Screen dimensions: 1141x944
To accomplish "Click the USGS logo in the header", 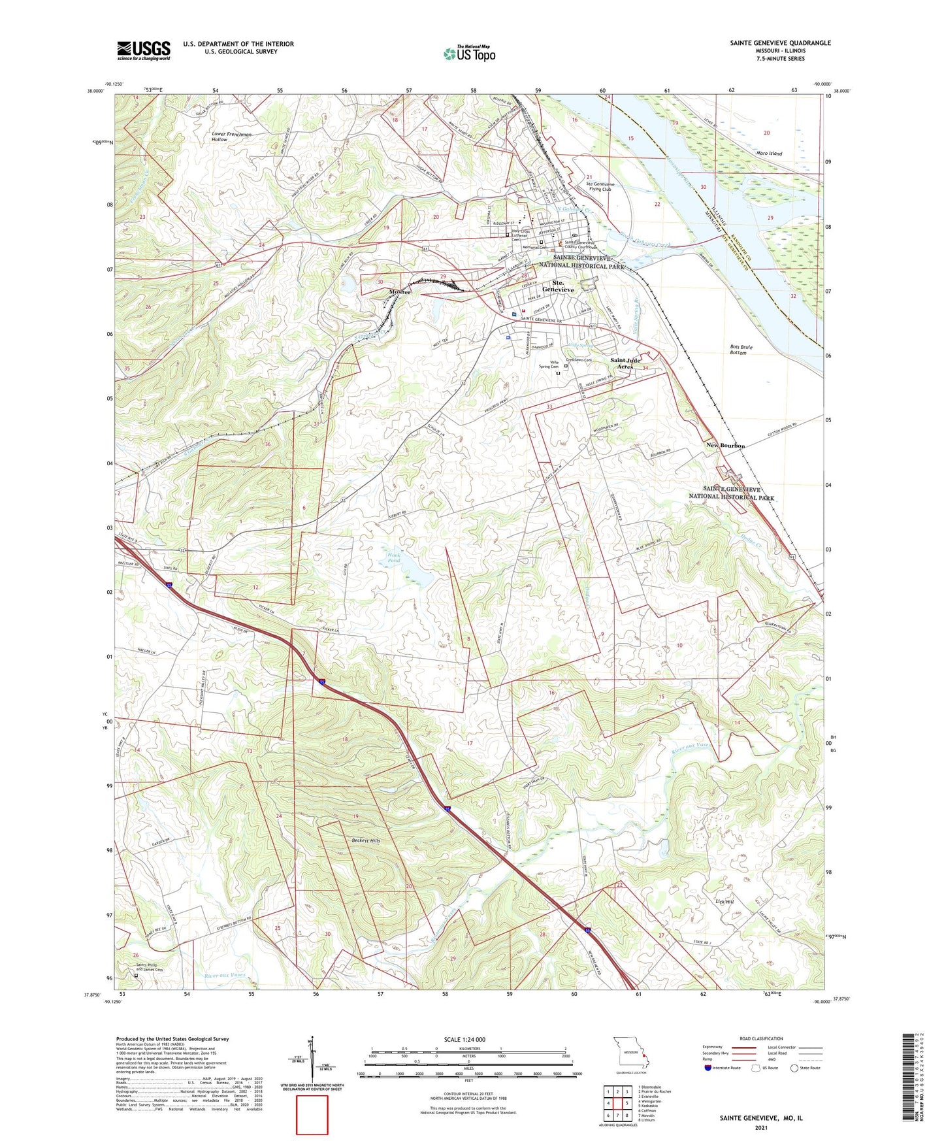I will point(144,50).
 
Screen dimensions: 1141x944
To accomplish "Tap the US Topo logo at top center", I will point(469,54).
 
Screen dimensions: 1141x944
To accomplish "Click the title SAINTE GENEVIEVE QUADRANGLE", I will point(780,43).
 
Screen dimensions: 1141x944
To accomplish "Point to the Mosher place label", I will point(400,292).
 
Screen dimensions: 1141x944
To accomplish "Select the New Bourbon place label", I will point(725,446).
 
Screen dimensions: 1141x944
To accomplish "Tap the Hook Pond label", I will point(393,557).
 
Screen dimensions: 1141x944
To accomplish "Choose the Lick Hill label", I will point(724,902).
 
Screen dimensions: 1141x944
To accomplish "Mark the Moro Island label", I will point(768,154).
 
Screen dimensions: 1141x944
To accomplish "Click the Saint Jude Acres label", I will point(625,363).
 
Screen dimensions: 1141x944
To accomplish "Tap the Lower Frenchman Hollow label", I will point(231,137).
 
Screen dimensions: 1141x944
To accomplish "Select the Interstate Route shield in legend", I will point(709,1068).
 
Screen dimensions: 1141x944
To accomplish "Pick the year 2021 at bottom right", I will point(760,1127).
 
